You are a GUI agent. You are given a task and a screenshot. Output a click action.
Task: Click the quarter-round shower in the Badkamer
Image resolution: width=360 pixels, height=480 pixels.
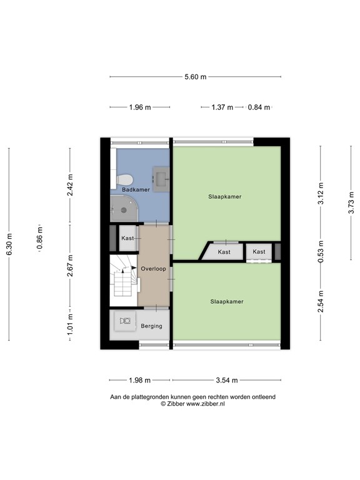pyautogui.click(x=122, y=208)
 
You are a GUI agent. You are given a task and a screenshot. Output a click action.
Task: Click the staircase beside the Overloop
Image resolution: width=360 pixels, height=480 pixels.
pyautogui.click(x=124, y=276)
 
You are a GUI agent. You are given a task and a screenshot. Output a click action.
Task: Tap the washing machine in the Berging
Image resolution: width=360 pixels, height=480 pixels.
pyautogui.click(x=125, y=321)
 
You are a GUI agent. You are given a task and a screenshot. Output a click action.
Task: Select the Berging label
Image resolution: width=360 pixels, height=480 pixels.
pyautogui.click(x=151, y=326)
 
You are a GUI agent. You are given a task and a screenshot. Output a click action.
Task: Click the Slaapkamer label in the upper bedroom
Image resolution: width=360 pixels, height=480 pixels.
pyautogui.click(x=225, y=196)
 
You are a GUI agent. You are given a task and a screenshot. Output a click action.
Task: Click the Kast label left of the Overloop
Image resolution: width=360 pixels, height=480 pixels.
pyautogui.click(x=128, y=238)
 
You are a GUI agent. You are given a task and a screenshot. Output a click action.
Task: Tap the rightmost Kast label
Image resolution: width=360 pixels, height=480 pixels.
pyautogui.click(x=259, y=252)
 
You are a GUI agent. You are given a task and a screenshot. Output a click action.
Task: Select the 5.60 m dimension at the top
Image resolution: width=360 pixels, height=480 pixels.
pyautogui.click(x=194, y=77)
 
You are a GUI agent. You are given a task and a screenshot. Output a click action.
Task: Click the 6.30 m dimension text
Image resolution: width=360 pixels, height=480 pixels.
pyautogui.click(x=9, y=244)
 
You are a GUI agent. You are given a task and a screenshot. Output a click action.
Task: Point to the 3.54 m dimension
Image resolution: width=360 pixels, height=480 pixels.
pyautogui.click(x=226, y=380)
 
